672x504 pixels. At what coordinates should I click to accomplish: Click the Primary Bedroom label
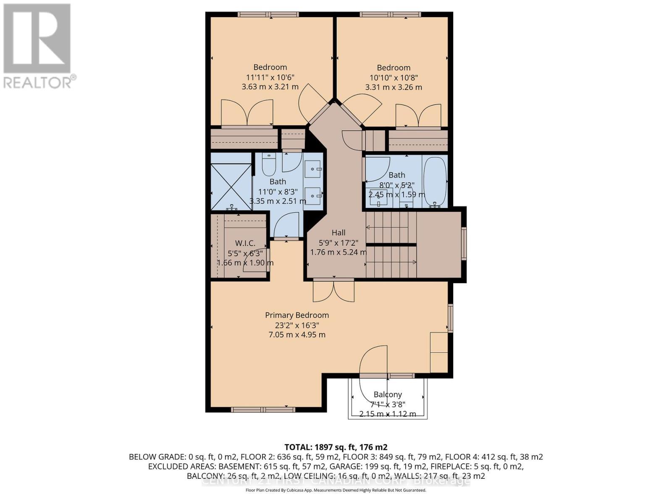coord(297,315)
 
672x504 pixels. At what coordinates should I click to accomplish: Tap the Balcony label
coord(388,394)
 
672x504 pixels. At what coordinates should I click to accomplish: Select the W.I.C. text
coord(245,243)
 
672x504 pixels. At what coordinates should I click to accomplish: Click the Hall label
coord(339,233)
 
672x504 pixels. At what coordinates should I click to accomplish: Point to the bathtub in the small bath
coord(435,181)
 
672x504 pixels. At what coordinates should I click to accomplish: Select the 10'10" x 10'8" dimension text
coord(394,78)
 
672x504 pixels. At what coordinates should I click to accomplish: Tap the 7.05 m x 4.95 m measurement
coord(297,335)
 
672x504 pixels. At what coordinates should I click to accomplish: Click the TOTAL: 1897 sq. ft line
coord(336,447)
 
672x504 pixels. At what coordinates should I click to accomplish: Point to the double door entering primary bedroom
coord(333,291)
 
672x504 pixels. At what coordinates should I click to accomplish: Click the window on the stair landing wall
coord(464,243)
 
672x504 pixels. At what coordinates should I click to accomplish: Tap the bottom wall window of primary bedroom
coord(263,409)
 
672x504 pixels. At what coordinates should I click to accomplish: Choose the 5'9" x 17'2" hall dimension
coord(339,242)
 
